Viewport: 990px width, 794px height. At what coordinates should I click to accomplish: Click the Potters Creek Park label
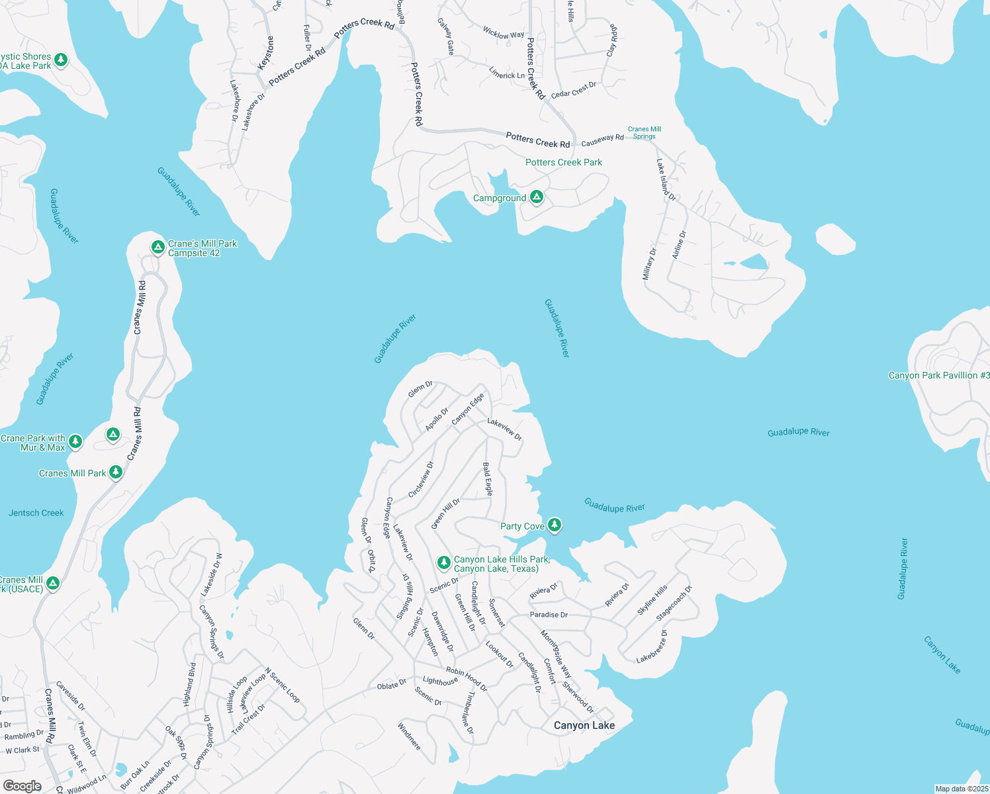coord(564,162)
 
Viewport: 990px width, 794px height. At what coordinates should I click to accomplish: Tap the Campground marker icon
coord(537,197)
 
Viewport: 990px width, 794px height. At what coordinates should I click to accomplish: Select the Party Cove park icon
coord(555,525)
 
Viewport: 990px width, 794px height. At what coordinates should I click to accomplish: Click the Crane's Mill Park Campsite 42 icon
coord(157,247)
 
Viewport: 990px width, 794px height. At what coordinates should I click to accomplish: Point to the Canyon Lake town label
coord(584,725)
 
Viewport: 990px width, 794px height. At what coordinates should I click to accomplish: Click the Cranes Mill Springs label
coord(644,133)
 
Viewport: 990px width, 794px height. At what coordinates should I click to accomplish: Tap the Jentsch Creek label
coord(36,513)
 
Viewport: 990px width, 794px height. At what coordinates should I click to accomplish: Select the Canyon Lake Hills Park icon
coord(444,562)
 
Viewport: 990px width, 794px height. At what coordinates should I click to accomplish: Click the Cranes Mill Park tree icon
coord(116,472)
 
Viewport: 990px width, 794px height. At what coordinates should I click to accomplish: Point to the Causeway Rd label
coord(602,140)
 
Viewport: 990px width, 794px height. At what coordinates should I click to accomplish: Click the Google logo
coord(22,786)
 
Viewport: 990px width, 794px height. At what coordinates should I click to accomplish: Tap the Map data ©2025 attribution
coord(961,789)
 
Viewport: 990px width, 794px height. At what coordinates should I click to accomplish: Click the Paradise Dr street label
coord(549,615)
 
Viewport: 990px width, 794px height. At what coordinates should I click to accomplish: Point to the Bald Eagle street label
coord(488,479)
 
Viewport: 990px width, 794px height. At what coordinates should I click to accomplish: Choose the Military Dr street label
coord(650,264)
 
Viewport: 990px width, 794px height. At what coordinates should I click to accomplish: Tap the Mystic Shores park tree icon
coord(61,60)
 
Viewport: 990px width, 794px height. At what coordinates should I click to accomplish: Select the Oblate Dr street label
coord(392,685)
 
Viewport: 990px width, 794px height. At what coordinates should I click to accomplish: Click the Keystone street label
coord(265,53)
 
